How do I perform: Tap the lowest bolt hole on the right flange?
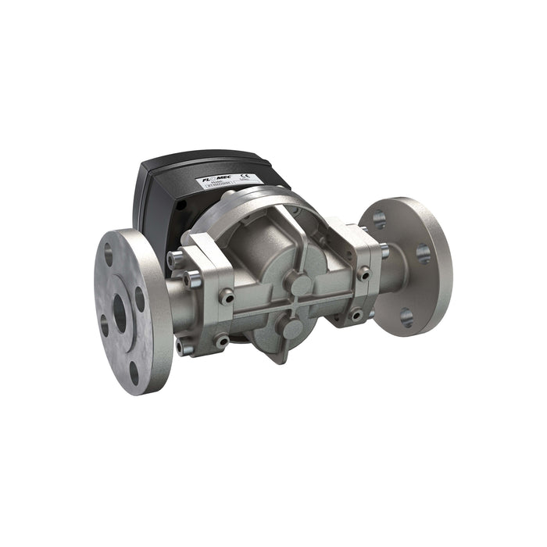[x=406, y=316]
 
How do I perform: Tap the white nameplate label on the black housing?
[x=230, y=184]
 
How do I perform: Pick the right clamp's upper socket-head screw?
[x=363, y=273]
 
